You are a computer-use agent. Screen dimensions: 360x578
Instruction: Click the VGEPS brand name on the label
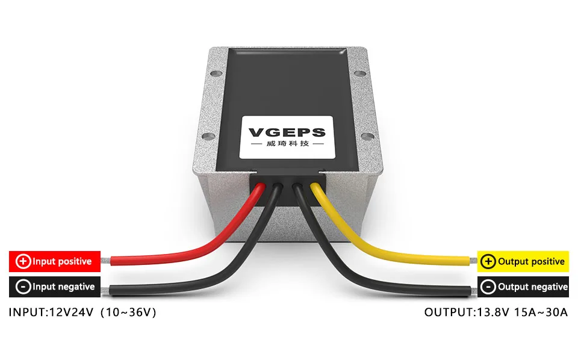click(287, 132)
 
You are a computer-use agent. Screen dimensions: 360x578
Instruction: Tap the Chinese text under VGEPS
click(287, 145)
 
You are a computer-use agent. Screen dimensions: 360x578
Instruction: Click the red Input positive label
click(54, 261)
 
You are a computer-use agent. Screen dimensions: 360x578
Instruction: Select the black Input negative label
click(54, 287)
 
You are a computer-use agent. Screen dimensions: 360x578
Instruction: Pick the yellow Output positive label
click(523, 261)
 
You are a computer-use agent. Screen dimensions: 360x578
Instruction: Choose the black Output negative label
click(523, 287)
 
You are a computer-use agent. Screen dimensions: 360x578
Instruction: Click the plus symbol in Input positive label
click(23, 261)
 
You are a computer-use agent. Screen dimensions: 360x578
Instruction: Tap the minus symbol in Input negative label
click(23, 287)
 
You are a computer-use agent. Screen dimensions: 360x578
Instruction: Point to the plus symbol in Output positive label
click(488, 261)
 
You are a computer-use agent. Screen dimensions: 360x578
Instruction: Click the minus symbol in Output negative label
click(488, 287)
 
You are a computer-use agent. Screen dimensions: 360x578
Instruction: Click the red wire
click(181, 256)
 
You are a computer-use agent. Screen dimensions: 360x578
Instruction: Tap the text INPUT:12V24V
click(51, 312)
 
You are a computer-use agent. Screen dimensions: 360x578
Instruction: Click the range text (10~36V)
click(129, 312)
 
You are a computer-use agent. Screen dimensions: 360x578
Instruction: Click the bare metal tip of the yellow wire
click(472, 261)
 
